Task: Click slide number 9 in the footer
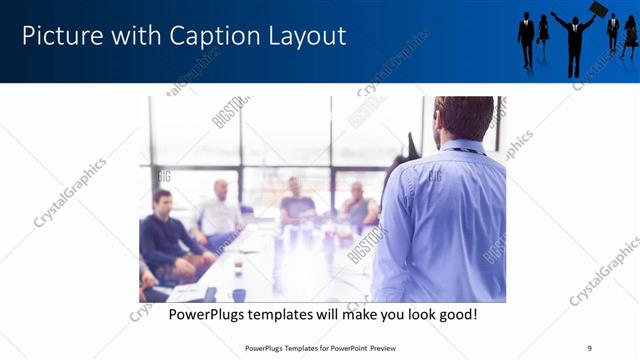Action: pos(589,348)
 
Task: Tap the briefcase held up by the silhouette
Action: pos(598,9)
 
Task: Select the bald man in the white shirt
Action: pos(219,210)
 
